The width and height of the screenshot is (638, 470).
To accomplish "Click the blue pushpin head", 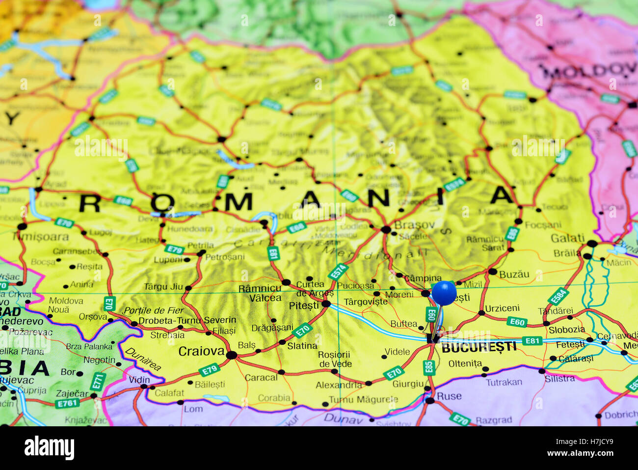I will pos(444,293).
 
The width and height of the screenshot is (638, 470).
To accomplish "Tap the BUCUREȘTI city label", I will pos(479,347).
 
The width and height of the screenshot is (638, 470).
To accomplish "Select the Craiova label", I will pos(201,351).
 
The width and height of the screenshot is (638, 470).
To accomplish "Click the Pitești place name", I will pos(304,305).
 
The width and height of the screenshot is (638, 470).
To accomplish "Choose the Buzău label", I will pos(514,275).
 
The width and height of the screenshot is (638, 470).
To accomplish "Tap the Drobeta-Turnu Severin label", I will pos(187,320).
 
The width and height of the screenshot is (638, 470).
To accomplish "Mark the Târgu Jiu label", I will pos(163,287).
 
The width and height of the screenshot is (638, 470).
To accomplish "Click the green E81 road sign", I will pos(532,341).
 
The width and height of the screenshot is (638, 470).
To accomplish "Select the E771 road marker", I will pos(98,382).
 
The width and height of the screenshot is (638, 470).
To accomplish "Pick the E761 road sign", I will pos(67,403).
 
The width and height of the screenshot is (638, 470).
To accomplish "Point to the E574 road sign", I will pos(338,272).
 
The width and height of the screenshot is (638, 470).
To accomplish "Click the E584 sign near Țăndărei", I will pos(558,296).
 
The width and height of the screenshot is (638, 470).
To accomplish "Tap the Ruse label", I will pos(449,396).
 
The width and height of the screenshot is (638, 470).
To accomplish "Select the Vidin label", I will pos(139,380).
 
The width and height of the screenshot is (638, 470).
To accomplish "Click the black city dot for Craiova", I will pos(231,355).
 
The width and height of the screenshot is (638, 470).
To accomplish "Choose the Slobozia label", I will pos(567,330).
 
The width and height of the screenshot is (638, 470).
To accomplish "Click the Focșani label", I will pos(543,225).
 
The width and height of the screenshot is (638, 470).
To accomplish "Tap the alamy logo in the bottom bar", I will pos(49,448).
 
